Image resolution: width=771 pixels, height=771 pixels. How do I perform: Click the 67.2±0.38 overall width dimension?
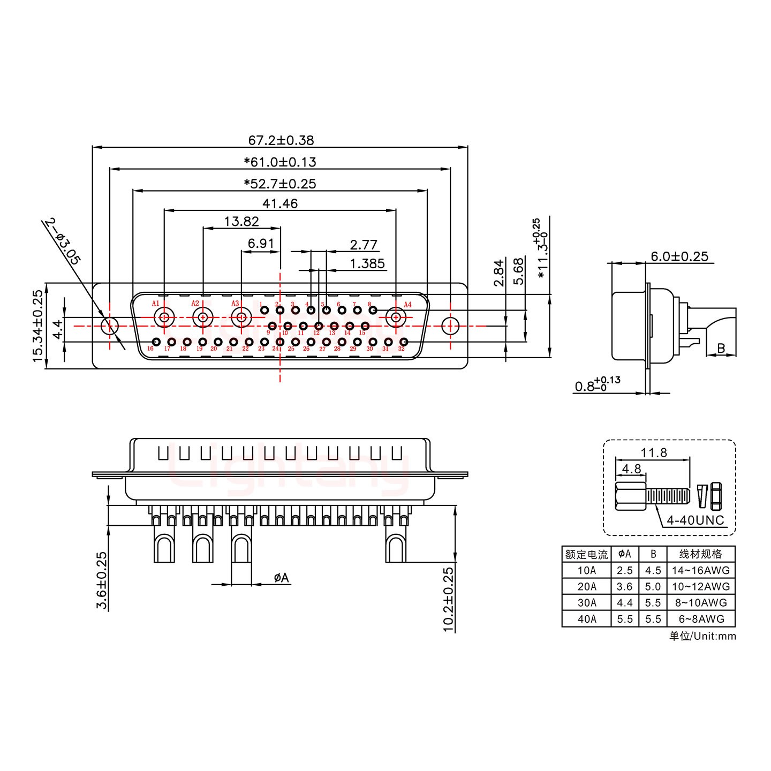281,140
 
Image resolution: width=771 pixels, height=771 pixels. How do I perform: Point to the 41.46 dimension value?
280,203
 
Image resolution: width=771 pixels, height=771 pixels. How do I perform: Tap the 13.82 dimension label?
241,221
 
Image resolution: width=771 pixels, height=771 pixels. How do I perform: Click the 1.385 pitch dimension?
367,263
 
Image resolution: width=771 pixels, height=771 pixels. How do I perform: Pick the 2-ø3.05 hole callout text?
63,241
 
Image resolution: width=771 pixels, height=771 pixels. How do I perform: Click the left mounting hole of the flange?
110,326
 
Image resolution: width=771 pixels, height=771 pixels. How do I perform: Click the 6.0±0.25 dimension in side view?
679,256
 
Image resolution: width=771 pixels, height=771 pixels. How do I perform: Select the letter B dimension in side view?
721,349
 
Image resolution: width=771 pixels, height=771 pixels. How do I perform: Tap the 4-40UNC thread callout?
695,520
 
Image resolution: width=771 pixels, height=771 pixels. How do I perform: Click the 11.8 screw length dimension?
654,453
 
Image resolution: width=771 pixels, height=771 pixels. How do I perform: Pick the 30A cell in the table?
586,603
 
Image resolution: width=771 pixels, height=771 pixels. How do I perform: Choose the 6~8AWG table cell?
701,619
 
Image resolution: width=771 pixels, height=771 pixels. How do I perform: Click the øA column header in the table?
624,554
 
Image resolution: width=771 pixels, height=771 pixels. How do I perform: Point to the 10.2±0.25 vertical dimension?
448,599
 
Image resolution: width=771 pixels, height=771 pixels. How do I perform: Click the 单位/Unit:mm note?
702,636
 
